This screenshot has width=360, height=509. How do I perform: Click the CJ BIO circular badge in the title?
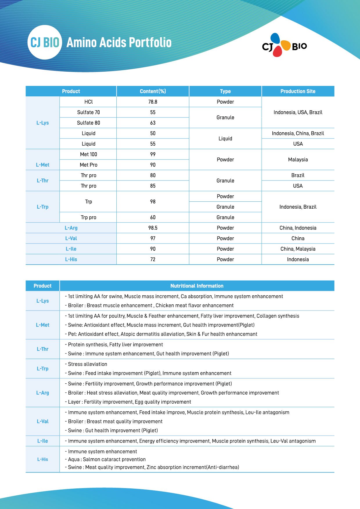coord(45,42)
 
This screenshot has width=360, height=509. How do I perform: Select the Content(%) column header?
coord(153,91)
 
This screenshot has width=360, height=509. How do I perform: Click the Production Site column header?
coord(298,91)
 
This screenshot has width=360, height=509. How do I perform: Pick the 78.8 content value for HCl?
coord(153,102)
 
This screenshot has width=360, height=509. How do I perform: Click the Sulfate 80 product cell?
coord(89,123)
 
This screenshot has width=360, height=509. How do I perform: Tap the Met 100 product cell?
coord(89,154)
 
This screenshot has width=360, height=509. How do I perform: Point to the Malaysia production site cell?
coord(298,160)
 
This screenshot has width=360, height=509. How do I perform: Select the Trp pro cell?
coord(89,217)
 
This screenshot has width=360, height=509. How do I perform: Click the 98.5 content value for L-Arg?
coord(153,228)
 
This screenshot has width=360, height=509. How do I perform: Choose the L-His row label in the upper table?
coord(71,259)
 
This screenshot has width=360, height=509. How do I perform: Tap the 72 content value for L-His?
coord(153,259)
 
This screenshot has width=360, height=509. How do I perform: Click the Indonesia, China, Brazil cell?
coord(298,133)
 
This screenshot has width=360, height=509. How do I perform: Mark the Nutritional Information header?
coord(197,286)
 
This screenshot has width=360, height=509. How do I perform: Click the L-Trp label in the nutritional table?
coord(43,369)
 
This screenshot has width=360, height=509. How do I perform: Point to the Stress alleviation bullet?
coord(87,364)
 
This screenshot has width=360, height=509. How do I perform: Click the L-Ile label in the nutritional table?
coord(43,441)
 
